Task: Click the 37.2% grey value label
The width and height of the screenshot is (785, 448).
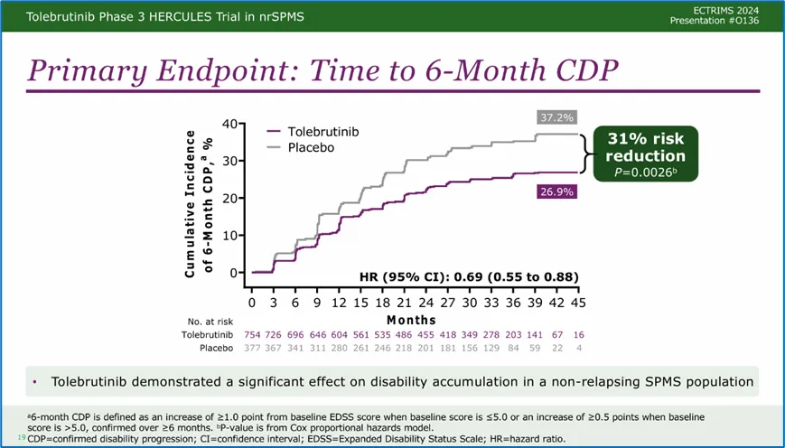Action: click(556, 117)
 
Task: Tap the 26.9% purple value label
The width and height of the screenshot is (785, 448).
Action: click(555, 191)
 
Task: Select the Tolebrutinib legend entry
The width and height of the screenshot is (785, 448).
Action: click(323, 132)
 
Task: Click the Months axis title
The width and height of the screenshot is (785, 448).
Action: click(411, 320)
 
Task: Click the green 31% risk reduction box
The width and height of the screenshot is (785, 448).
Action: click(645, 153)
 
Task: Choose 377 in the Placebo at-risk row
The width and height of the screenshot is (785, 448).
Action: click(253, 349)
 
